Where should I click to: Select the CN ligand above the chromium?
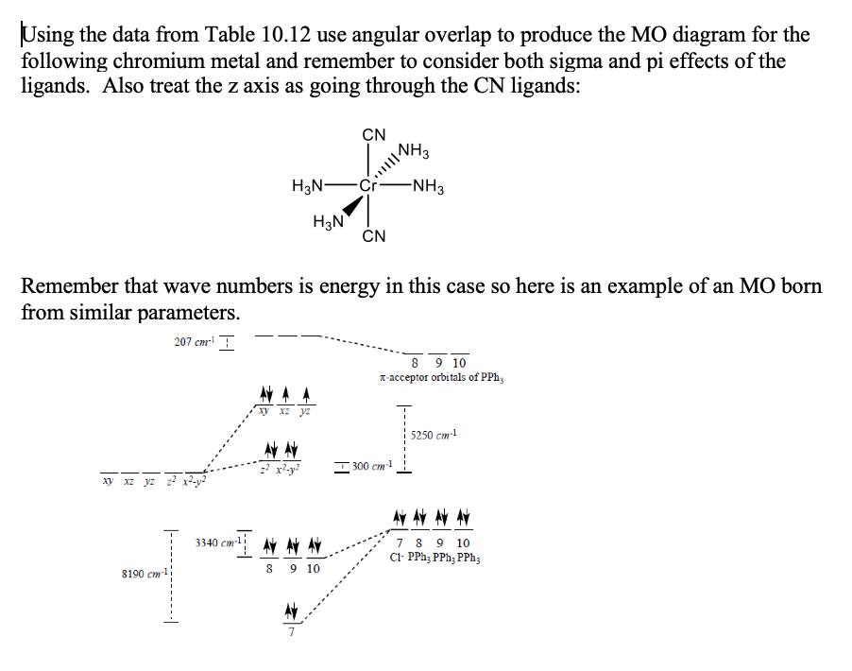374,134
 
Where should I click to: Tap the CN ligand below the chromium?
374,235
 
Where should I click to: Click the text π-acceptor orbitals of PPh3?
441,378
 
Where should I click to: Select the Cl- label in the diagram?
397,558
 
